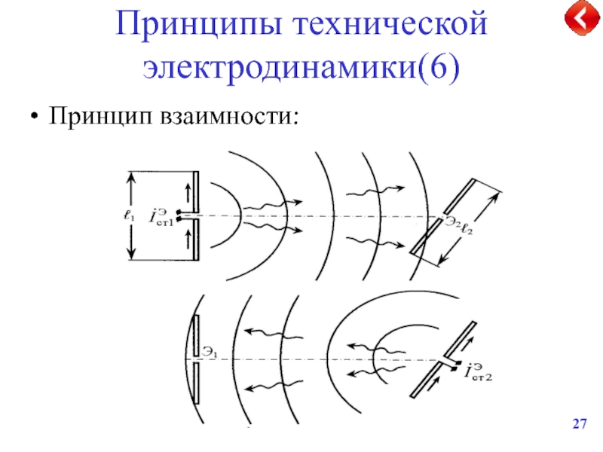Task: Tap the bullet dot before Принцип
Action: coord(33,119)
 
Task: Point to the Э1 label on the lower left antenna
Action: coord(210,351)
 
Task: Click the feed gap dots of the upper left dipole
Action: coord(179,215)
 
